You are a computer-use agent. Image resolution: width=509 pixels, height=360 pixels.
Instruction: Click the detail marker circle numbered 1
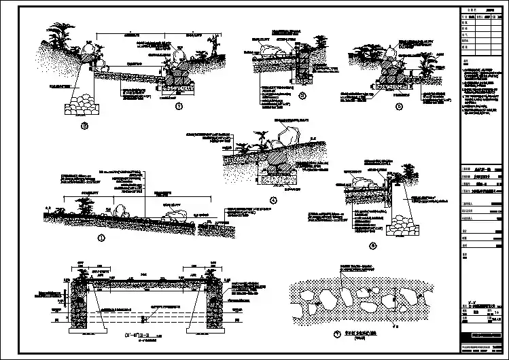pos(103,238)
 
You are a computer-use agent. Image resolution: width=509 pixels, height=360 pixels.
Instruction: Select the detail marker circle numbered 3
pos(302,95)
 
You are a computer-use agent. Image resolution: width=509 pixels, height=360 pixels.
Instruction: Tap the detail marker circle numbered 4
pos(274,200)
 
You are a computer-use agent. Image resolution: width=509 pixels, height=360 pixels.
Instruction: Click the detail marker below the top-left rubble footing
pos(85,126)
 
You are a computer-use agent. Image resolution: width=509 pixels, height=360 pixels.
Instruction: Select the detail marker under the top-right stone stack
pos(399,107)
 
